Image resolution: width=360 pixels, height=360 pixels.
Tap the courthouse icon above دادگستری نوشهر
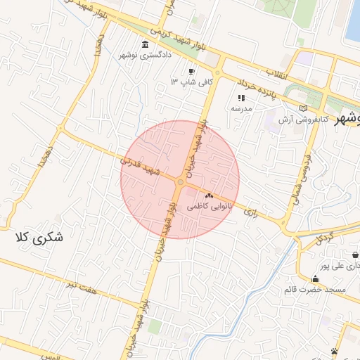click(x=145, y=44)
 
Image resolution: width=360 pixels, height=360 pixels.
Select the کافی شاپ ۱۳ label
click(x=183, y=82)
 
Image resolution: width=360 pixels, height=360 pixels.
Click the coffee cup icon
click(x=191, y=72)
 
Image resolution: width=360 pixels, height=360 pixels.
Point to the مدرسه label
click(x=242, y=109)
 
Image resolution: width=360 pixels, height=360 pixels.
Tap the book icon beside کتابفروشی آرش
click(x=304, y=108)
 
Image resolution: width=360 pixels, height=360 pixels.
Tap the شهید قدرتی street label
click(x=141, y=166)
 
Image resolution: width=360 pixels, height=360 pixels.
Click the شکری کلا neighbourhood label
click(x=39, y=238)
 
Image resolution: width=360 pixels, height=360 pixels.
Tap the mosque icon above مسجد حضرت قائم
click(x=315, y=279)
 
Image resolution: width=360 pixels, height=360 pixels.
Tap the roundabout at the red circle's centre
click(x=180, y=183)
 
